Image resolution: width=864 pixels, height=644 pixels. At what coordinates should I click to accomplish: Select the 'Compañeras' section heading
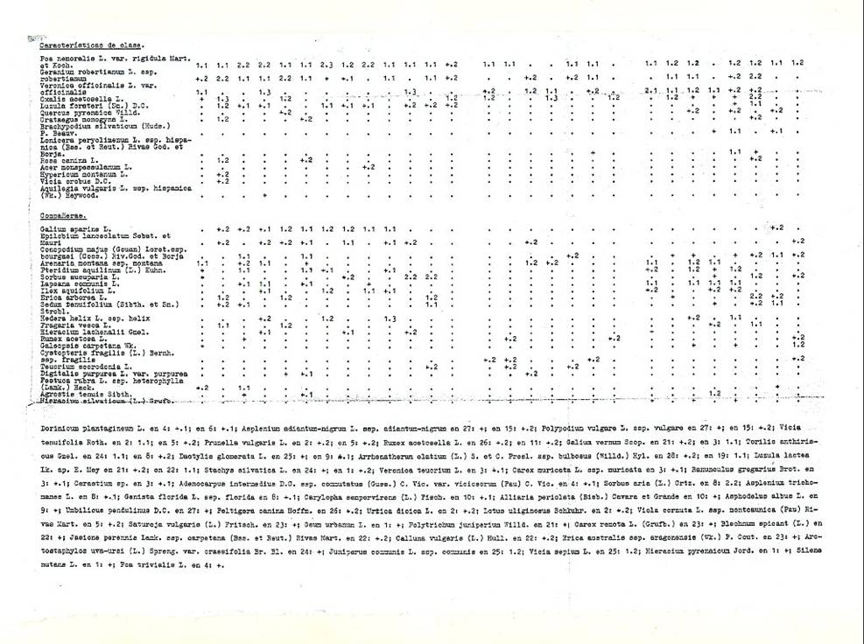tap(47, 213)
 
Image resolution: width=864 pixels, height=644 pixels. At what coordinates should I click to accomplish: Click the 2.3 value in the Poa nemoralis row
tap(327, 65)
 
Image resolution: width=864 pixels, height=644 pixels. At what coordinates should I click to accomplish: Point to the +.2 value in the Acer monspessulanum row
tap(369, 166)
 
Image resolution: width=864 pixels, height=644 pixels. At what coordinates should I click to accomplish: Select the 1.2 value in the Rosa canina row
tap(222, 160)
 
